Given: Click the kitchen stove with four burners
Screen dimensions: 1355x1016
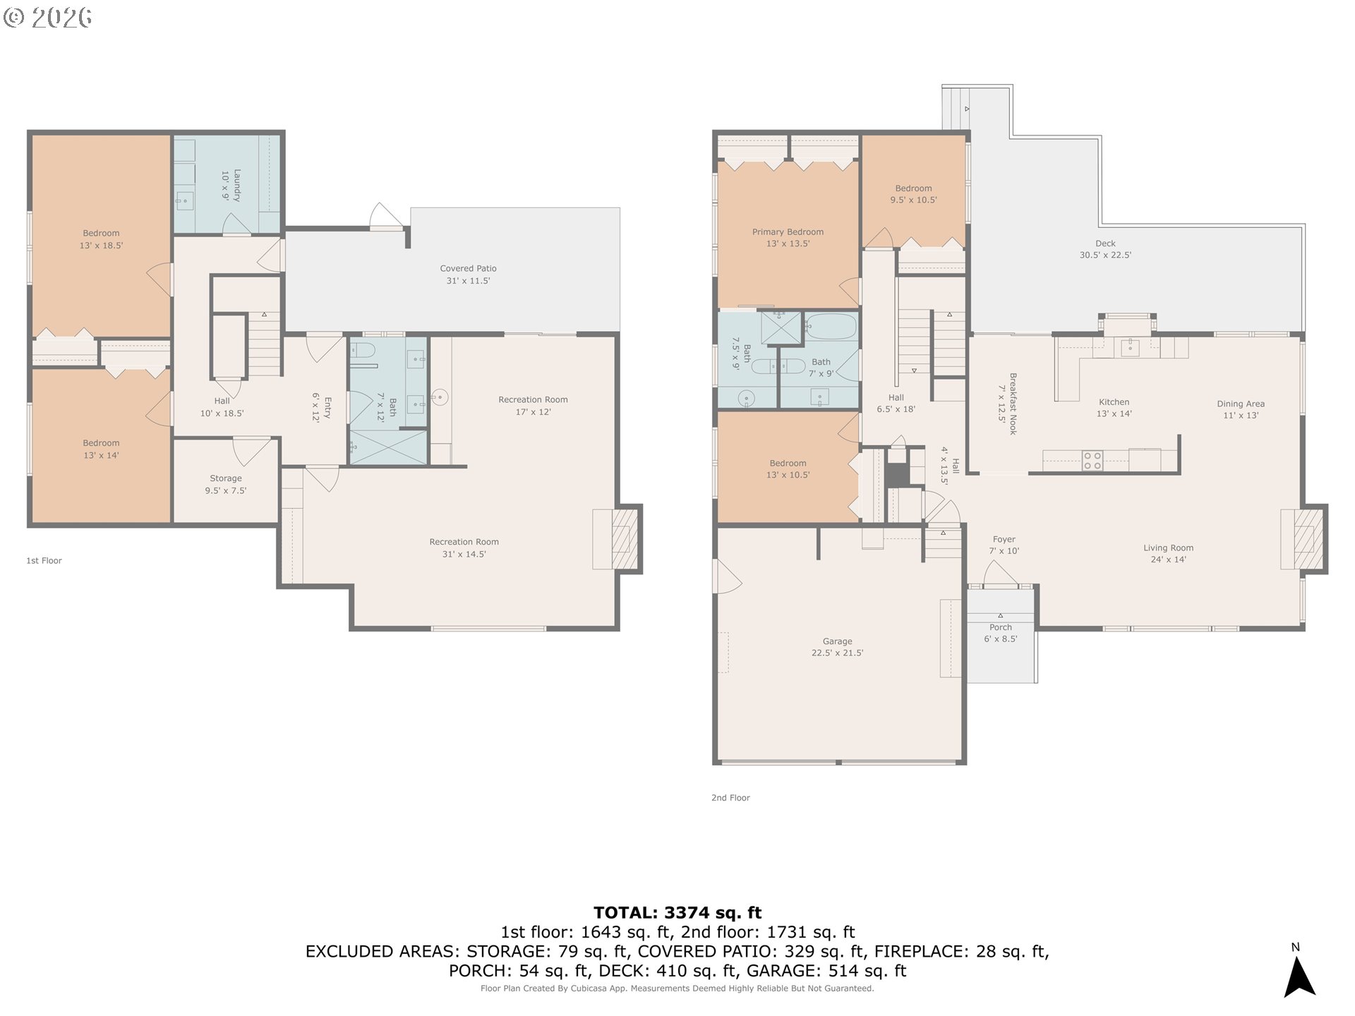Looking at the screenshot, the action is click(x=1092, y=461).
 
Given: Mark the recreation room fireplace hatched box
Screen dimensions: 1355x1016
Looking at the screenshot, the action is click(x=622, y=539).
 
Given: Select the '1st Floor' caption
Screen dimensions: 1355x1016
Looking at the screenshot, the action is click(x=44, y=561).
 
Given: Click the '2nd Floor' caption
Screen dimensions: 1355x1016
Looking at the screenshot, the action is click(x=730, y=798).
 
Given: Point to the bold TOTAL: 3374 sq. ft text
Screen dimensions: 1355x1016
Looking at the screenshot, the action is click(x=677, y=913).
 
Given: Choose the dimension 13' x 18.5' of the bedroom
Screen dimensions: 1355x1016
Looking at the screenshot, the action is click(x=101, y=246).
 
